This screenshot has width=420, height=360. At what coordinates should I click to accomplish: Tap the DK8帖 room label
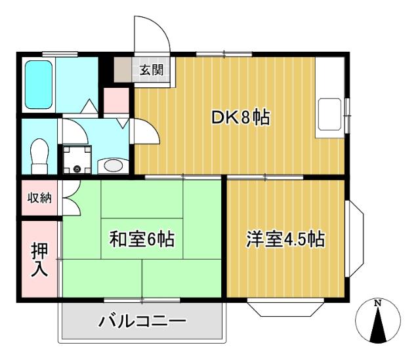pos(240,118)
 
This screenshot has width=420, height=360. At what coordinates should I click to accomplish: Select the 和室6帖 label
pos(142,238)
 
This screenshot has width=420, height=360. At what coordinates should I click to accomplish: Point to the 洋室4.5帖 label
pos(285,238)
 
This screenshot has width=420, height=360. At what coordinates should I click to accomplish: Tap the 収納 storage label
pos(39,198)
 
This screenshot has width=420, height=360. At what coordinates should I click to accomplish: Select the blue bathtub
pos(39,85)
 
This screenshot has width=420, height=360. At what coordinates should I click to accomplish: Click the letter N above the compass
pos(377,303)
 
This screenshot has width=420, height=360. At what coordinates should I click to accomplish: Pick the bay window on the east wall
pos(354,239)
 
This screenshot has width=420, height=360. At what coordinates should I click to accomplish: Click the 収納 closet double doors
pos(71,198)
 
